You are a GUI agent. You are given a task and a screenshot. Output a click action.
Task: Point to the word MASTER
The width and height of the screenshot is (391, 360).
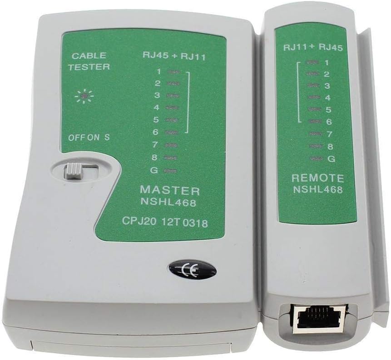click(170, 191)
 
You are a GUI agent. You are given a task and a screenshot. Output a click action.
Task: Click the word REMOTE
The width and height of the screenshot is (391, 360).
click(318, 178)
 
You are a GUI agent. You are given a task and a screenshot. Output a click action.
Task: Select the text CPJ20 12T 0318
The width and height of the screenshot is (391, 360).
click(165, 222)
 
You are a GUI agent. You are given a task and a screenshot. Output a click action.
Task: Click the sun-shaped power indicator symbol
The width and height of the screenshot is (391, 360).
click(84, 96)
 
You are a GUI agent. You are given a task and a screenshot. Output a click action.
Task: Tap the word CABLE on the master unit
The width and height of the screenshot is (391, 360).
click(89, 55)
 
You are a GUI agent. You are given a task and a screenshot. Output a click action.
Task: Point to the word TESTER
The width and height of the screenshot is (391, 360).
click(89, 67)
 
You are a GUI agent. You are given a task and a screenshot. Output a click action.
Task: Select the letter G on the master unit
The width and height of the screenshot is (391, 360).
click(154, 171)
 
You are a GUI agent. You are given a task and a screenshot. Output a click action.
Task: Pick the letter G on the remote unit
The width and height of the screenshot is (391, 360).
click(332, 158)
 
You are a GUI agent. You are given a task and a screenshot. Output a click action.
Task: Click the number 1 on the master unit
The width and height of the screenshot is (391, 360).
click(159, 72)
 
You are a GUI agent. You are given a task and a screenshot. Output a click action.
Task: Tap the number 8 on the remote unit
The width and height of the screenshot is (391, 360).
click(330, 146)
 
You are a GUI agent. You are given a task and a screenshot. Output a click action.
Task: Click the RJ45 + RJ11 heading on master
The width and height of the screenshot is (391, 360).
click(174, 56)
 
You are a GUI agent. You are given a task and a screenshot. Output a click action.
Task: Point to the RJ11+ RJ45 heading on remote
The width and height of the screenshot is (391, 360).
click(313, 48)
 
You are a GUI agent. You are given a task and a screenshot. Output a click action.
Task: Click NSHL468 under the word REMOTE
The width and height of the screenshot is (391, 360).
click(318, 189)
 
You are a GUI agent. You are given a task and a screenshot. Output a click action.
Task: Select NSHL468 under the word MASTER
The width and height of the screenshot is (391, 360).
click(168, 202)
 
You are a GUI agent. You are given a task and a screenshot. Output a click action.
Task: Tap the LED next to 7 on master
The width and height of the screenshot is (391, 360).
click(171, 145)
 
